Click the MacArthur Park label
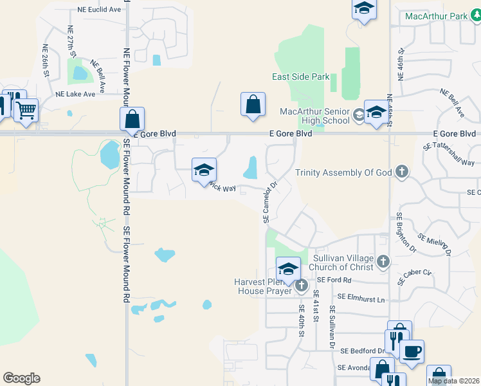coord(443,15)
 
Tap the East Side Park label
coord(300,77)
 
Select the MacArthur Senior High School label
coord(314,116)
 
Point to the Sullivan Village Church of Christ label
coord(343,262)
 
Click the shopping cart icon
coord(26,110)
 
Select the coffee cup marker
coord(412,351)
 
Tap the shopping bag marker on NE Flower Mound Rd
coord(132,118)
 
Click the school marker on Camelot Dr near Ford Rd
coord(288,268)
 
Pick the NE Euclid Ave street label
coord(99,10)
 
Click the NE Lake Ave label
coord(75,94)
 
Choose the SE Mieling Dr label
coord(435,244)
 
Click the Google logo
coord(21,378)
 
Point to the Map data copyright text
coord(454,381)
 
